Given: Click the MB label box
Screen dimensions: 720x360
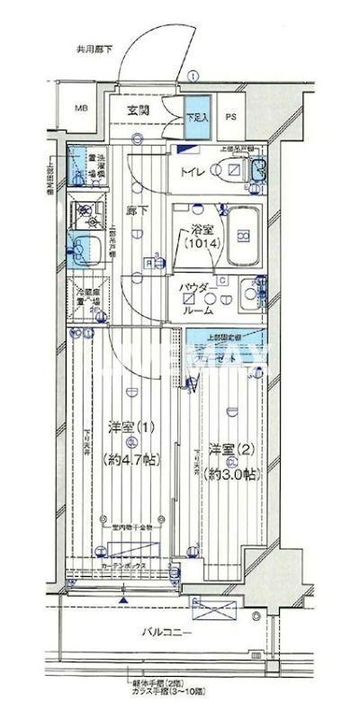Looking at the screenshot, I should point(82,109).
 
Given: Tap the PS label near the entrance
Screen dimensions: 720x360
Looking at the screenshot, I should point(230,115).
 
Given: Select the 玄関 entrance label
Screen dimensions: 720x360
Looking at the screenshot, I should point(138,110).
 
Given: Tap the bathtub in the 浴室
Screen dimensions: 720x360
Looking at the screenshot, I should point(240,236).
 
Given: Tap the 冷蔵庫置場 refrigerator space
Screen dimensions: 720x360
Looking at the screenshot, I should point(87,298).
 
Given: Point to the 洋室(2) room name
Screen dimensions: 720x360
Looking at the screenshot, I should point(229,447).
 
